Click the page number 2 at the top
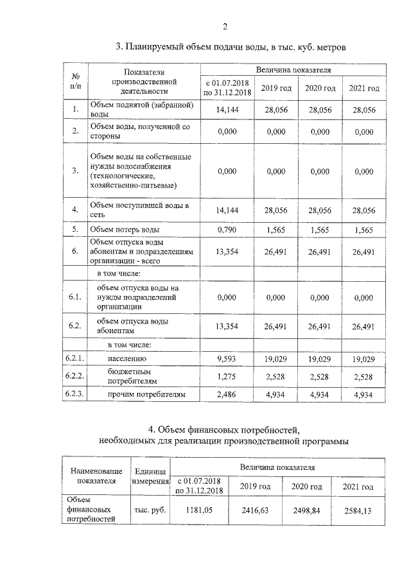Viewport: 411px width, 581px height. [225, 26]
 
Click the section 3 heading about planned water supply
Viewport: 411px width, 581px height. [231, 47]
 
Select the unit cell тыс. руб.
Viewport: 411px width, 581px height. [150, 510]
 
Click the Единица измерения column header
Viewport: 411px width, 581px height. [150, 476]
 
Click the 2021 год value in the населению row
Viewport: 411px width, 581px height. [363, 359]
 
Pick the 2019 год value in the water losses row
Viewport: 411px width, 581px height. [275, 229]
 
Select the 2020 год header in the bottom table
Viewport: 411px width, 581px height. [306, 487]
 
